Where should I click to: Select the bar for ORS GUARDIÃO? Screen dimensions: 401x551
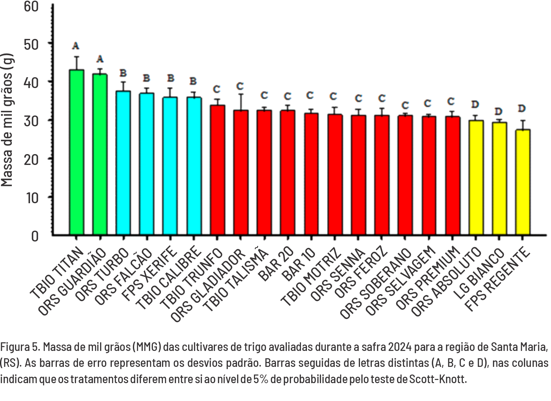pos(100,154)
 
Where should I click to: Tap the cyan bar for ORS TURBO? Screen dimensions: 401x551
pos(123,163)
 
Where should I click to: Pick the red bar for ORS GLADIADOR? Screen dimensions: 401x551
pos(241,172)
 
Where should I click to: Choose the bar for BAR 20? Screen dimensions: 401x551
pos(287,172)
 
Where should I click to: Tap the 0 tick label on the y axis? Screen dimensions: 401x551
pos(34,236)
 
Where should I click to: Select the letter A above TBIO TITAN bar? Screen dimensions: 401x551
pos(76,46)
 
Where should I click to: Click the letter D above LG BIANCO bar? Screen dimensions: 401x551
pos(499,112)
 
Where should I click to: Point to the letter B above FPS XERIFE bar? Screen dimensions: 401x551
pos(171,78)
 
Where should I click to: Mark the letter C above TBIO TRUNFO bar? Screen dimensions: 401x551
pos(217,88)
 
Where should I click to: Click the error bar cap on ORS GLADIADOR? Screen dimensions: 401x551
pos(241,94)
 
